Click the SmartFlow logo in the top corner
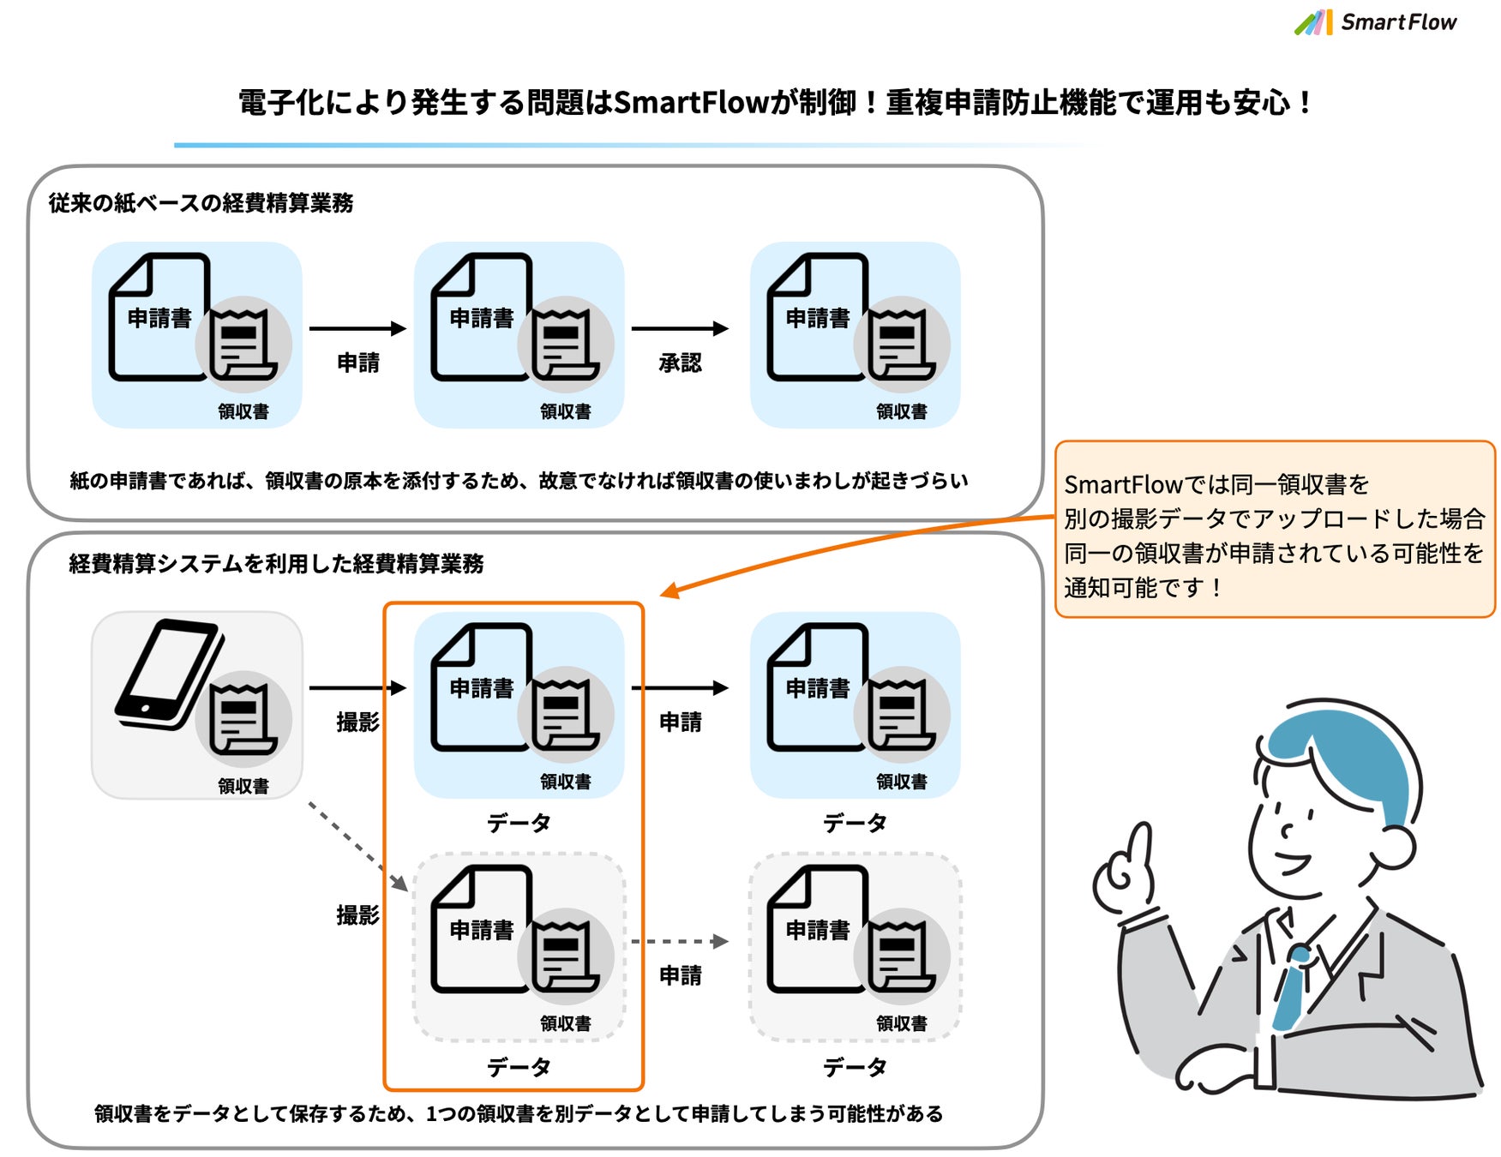pyautogui.click(x=1375, y=22)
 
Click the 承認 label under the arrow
pyautogui.click(x=680, y=363)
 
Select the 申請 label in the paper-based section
pyautogui.click(x=357, y=363)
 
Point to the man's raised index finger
pyautogui.click(x=1141, y=844)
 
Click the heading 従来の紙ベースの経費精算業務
pyautogui.click(x=201, y=203)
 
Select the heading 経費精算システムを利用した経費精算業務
pyautogui.click(x=276, y=563)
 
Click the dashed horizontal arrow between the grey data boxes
pyautogui.click(x=678, y=941)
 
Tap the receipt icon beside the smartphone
pyautogui.click(x=243, y=719)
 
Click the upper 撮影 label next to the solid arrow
pyautogui.click(x=357, y=722)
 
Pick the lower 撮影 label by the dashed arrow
pyautogui.click(x=357, y=914)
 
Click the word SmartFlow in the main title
pyautogui.click(x=691, y=103)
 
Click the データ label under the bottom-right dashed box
pyautogui.click(x=855, y=1066)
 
